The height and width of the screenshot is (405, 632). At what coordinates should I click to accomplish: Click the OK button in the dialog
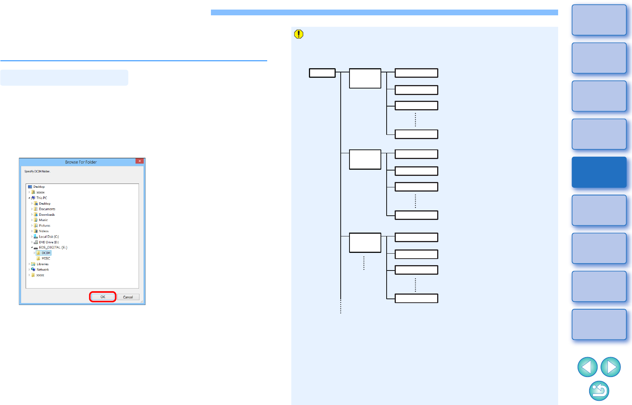click(x=103, y=297)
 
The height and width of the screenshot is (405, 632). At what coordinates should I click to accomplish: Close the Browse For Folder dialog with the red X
click(x=140, y=161)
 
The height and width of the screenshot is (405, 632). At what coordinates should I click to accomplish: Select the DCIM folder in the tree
click(x=46, y=253)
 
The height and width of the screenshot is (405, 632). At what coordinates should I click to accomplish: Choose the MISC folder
click(x=46, y=259)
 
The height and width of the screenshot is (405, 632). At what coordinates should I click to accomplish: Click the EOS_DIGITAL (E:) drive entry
click(x=53, y=248)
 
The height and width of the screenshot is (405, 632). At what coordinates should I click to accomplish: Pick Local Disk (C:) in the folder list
click(x=49, y=237)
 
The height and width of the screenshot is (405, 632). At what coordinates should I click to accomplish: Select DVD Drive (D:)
click(x=49, y=242)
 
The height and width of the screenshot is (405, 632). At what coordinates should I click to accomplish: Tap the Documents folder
click(x=47, y=209)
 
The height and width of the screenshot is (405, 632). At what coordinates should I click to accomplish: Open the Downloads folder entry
click(x=47, y=215)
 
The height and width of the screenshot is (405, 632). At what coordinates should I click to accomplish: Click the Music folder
click(x=43, y=220)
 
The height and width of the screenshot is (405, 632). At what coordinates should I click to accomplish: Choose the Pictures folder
click(x=44, y=226)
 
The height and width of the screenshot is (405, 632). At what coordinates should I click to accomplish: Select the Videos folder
click(x=44, y=231)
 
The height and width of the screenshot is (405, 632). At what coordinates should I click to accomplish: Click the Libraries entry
click(x=42, y=264)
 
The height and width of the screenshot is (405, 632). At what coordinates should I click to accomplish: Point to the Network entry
click(x=42, y=270)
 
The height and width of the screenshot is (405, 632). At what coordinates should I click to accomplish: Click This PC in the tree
click(x=41, y=198)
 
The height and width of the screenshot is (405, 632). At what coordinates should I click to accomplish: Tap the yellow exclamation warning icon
click(x=299, y=34)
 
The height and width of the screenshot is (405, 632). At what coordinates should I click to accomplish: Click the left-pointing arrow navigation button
click(x=587, y=367)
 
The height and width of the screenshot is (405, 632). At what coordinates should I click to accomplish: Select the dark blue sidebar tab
click(x=599, y=172)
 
